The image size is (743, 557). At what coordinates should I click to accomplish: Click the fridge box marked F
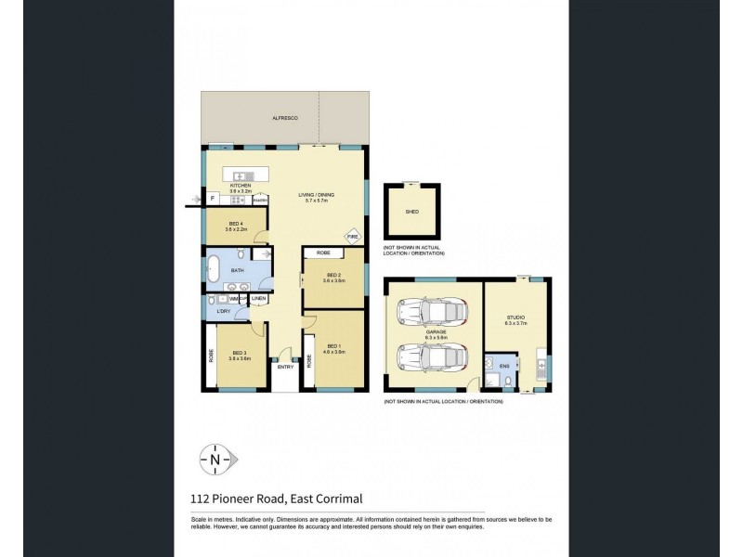(213, 199)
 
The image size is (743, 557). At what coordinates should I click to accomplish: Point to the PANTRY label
(261, 201)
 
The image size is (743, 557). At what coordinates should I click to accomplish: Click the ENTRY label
(285, 367)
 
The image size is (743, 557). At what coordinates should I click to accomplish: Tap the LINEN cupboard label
(259, 299)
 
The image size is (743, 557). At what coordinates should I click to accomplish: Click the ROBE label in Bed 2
(323, 253)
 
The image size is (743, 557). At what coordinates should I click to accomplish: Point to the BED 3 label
(239, 353)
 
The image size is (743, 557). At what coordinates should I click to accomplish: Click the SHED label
(412, 213)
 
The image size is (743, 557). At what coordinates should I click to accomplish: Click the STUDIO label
(515, 318)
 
